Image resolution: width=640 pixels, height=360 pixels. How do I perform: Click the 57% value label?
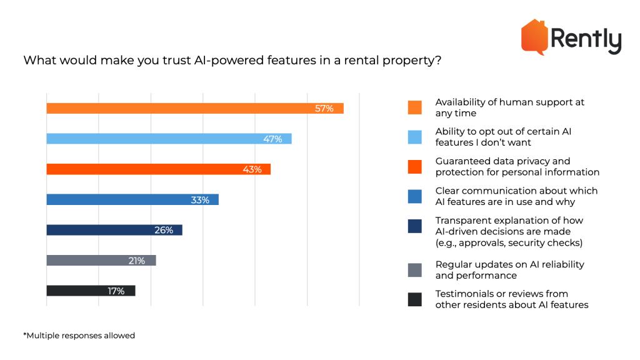click(x=324, y=109)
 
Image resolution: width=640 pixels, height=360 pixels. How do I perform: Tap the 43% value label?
click(x=252, y=169)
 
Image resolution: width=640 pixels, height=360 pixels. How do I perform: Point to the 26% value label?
click(x=163, y=230)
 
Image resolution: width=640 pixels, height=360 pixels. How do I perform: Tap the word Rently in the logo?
click(x=586, y=41)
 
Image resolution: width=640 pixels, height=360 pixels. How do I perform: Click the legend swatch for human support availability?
click(x=414, y=107)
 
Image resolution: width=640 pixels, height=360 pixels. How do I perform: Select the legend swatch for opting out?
click(x=414, y=137)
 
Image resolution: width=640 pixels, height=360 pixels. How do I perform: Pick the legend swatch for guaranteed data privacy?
click(x=414, y=167)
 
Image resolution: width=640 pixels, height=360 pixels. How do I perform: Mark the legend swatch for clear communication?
click(x=414, y=196)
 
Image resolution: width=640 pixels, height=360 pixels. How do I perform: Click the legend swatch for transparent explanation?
click(x=414, y=226)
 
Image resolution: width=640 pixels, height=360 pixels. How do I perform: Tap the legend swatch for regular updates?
click(x=414, y=270)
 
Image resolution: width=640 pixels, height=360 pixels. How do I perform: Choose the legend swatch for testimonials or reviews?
click(x=414, y=299)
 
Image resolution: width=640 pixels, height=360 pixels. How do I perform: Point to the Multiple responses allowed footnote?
click(x=79, y=336)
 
